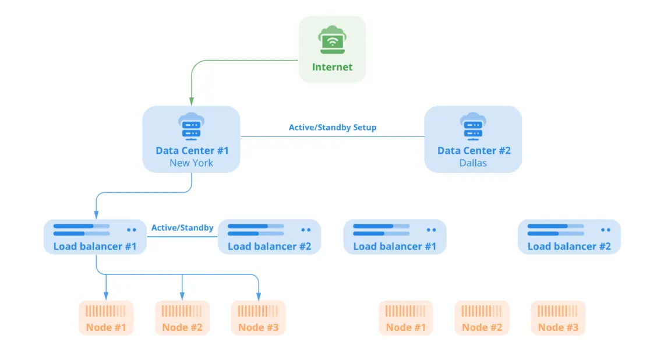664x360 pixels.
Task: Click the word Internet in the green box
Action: pos(332,67)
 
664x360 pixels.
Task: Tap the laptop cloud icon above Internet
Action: pos(332,40)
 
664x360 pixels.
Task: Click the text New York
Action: pos(192,163)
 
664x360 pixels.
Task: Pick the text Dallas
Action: pos(472,163)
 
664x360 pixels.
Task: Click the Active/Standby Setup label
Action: pos(333,128)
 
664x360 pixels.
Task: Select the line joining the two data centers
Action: pos(333,137)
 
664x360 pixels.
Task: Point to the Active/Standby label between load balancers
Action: pos(182,228)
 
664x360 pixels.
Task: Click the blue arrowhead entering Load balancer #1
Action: pos(96,215)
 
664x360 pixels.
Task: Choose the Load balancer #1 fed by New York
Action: pos(95,237)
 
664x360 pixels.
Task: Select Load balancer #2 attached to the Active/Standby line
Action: pos(269,237)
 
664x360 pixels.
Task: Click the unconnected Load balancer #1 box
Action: pos(394,237)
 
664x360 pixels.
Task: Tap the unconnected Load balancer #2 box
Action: pos(569,237)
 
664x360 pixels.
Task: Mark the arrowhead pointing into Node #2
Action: pos(182,296)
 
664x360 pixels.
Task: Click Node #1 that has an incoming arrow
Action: pos(106,318)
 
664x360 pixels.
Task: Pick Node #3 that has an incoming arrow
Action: pos(259,318)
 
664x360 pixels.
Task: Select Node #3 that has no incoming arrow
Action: pos(558,318)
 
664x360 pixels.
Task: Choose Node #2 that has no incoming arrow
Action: pos(482,318)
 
